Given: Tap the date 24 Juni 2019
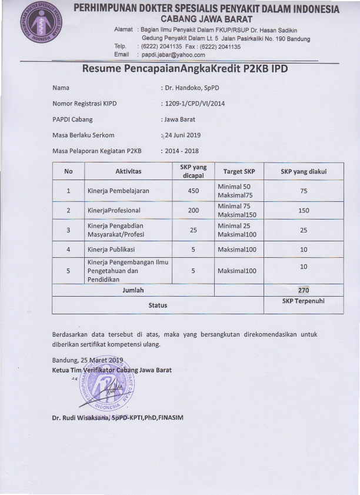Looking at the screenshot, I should (x=183, y=135).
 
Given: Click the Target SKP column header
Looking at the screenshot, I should (x=239, y=171).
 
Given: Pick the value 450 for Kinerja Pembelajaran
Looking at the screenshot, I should (x=193, y=191).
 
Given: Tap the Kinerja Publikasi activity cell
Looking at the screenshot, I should (x=111, y=250).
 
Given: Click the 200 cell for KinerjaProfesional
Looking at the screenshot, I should (x=193, y=210).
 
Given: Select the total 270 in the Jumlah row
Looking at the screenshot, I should (x=304, y=290).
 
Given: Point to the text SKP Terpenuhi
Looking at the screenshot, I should (x=304, y=301).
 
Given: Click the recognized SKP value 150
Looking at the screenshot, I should (x=304, y=210).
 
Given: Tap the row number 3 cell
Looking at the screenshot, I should (x=68, y=230).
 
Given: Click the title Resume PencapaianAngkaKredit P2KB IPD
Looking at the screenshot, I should (x=185, y=68).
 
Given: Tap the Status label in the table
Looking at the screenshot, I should (x=157, y=305).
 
